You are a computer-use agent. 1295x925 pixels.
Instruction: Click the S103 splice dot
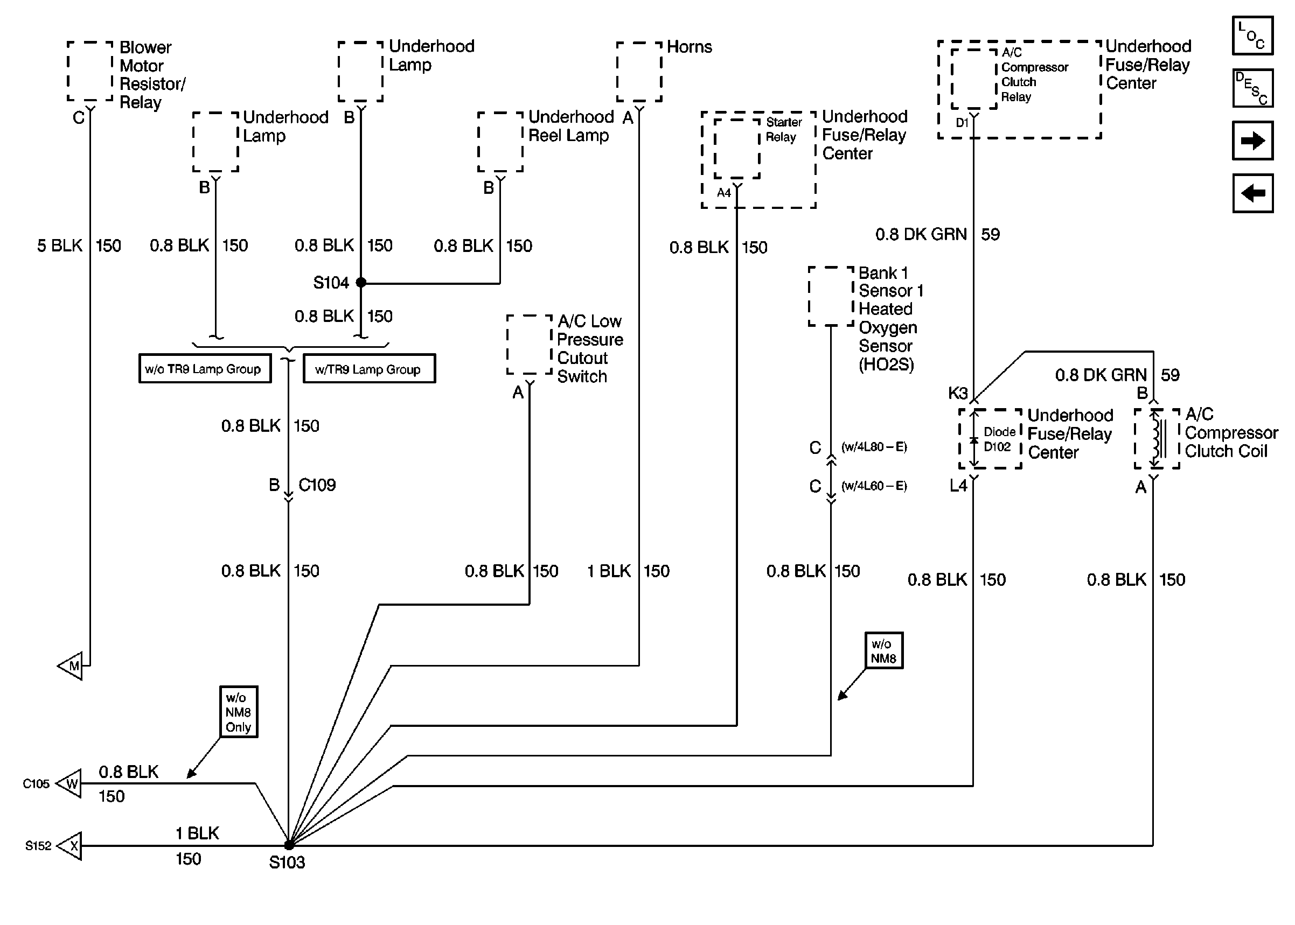pos(289,845)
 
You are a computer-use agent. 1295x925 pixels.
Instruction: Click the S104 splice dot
pos(360,282)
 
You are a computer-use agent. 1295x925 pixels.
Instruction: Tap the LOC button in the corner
pos(1252,36)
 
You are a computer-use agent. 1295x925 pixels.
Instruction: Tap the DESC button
pos(1252,88)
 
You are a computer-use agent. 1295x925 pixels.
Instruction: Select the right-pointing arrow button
pos(1252,141)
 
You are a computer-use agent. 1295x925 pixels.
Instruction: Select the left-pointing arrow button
pos(1252,194)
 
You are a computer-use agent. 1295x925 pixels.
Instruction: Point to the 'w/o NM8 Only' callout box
pos(239,712)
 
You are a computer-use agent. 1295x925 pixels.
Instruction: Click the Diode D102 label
pos(998,439)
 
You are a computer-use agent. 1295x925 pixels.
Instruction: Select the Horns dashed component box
pos(639,72)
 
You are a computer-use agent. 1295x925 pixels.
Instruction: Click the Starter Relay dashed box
pos(737,148)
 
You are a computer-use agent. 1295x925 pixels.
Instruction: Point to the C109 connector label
pos(317,485)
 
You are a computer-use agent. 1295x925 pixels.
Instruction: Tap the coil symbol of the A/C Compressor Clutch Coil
pos(1157,439)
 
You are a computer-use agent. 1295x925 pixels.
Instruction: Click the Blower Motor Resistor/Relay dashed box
pos(90,71)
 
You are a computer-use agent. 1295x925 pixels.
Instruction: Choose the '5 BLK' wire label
pos(60,246)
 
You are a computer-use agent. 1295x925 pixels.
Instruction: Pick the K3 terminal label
pos(958,393)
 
